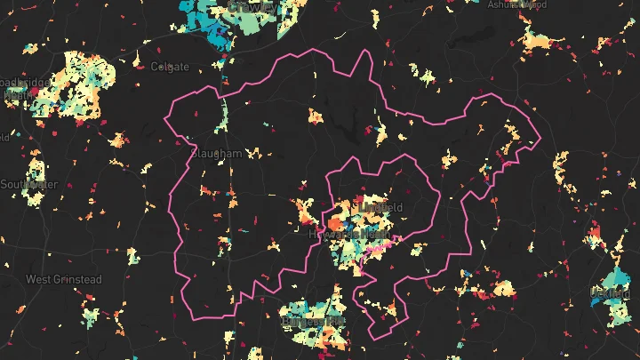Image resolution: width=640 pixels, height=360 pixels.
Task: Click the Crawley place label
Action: click(x=252, y=6)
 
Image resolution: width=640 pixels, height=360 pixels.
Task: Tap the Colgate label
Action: click(x=170, y=67)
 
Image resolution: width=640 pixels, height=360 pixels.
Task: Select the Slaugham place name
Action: click(x=216, y=153)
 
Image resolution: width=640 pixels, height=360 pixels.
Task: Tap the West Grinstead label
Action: click(x=63, y=279)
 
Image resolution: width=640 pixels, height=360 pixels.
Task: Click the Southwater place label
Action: click(x=28, y=185)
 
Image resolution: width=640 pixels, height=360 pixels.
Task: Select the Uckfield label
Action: click(x=609, y=292)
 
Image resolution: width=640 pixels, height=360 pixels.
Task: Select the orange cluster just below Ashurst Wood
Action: click(x=538, y=40)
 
